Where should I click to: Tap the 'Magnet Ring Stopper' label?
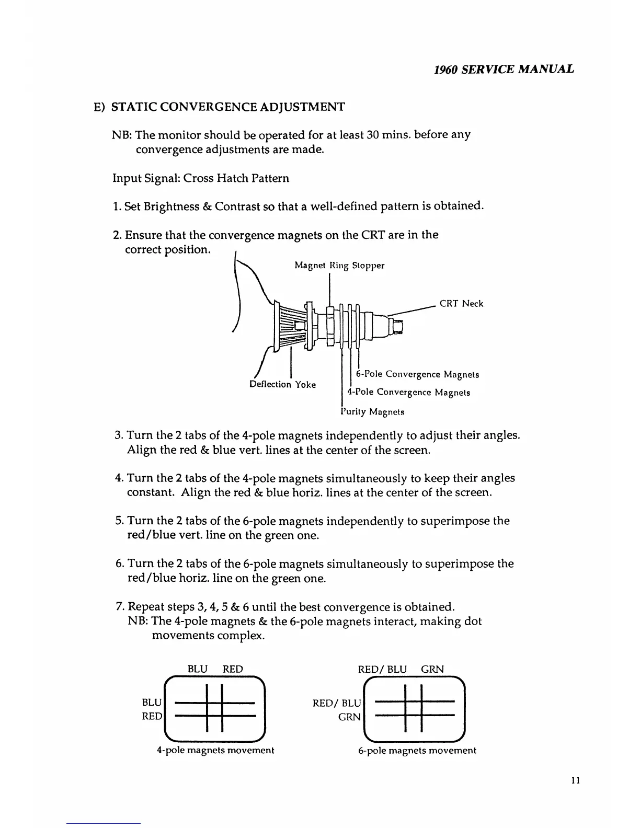(339, 266)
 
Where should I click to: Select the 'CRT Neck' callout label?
(461, 304)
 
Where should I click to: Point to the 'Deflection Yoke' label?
(283, 385)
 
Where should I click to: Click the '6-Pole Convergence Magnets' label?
(417, 374)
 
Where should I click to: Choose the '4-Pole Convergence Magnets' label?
(409, 392)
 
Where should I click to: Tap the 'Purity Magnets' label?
(372, 412)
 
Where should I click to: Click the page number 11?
(575, 780)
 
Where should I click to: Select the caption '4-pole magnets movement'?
(215, 751)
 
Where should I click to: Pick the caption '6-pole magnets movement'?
(417, 751)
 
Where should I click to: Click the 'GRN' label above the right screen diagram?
(432, 670)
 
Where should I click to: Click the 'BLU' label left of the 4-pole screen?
(152, 703)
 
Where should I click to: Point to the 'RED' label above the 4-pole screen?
(233, 670)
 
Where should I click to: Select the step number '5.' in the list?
(119, 521)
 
